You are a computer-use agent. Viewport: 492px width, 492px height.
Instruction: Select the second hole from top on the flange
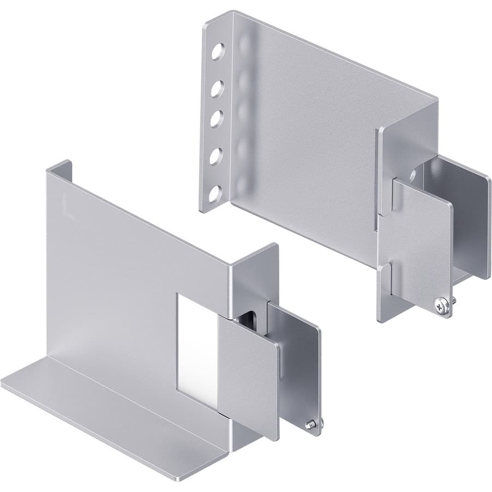[x=216, y=88]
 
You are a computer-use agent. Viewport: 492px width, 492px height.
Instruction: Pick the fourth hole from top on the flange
[x=216, y=156]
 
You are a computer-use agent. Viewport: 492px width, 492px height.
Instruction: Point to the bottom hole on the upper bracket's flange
[x=215, y=192]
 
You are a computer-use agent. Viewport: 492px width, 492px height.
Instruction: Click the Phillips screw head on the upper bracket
[x=443, y=307]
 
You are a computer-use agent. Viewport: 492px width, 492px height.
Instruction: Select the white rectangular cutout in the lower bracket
[x=196, y=350]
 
